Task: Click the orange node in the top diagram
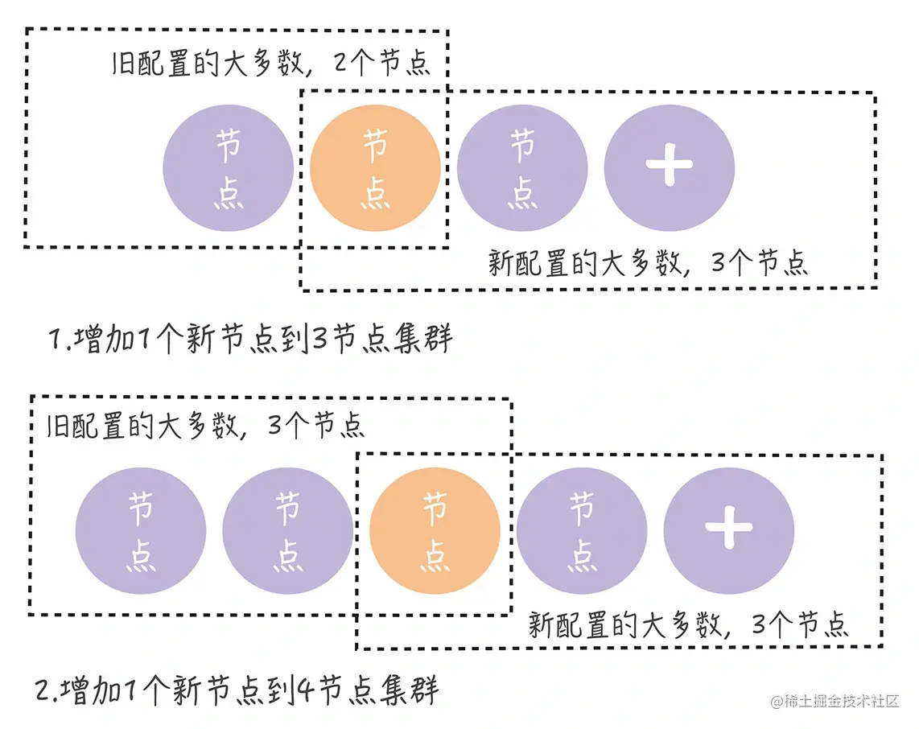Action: click(x=375, y=167)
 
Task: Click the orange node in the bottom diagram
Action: click(x=435, y=531)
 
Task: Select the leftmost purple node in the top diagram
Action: click(x=228, y=167)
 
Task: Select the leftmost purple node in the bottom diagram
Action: click(x=141, y=531)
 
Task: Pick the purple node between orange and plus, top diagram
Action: click(x=522, y=167)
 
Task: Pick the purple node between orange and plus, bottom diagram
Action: click(x=582, y=531)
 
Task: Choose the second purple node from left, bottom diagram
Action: click(x=287, y=531)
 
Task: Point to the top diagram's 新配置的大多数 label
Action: click(x=648, y=264)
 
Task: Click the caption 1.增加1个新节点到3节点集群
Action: click(x=250, y=339)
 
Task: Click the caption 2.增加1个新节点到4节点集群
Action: click(x=237, y=690)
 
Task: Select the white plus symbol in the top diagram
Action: click(x=670, y=164)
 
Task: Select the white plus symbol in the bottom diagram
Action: click(x=729, y=529)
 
